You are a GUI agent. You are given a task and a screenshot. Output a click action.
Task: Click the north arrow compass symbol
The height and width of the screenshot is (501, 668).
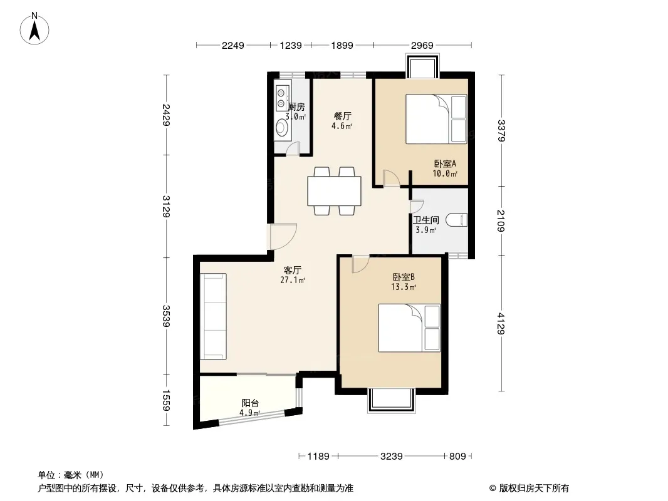(34, 29)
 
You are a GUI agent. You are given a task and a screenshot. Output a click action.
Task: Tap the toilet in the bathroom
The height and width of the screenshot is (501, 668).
(457, 220)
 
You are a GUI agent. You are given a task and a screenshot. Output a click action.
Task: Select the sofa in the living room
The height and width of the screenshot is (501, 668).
(213, 316)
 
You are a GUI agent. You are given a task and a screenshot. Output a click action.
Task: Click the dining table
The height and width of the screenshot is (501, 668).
(335, 191)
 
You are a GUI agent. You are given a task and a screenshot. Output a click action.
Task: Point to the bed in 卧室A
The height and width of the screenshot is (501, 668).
(436, 119)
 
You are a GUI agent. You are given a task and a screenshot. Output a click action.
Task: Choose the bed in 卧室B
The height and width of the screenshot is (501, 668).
(409, 328)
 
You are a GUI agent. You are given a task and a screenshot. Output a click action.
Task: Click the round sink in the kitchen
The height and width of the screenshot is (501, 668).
(281, 127)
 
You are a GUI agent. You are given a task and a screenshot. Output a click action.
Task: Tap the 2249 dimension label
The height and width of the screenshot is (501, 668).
(233, 46)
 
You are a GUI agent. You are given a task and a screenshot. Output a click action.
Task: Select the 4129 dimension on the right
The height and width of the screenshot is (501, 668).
(501, 324)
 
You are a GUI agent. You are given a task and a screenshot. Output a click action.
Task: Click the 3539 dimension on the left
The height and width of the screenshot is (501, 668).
(166, 316)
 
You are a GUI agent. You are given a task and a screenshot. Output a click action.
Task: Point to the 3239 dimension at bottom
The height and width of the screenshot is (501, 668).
(392, 457)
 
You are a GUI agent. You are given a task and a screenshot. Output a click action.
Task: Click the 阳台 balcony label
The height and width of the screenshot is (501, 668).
(250, 403)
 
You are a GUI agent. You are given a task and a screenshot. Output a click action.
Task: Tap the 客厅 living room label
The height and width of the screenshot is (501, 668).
(293, 270)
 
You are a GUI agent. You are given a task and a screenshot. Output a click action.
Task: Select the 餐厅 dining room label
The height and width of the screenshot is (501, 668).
(343, 116)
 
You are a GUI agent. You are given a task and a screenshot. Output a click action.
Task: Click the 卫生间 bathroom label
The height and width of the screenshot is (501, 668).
(426, 220)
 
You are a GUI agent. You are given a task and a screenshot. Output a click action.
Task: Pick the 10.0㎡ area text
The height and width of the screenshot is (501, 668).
(445, 173)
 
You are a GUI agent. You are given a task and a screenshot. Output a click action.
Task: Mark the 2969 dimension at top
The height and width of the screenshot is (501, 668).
(422, 46)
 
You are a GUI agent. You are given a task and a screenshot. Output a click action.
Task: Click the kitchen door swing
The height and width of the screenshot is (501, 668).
(293, 148)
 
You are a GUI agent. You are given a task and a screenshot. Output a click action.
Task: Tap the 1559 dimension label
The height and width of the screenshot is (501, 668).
(166, 401)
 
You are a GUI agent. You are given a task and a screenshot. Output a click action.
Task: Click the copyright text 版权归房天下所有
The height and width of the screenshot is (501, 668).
(534, 488)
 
